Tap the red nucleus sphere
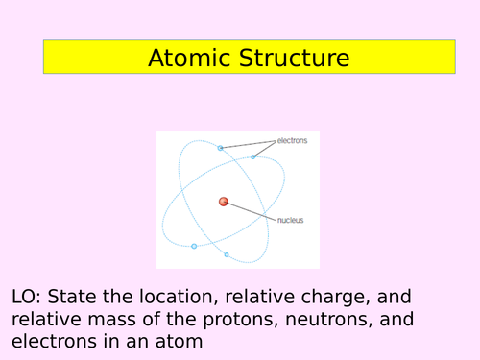tap(223, 202)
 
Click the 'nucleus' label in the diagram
tap(290, 220)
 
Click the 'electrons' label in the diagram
tap(292, 141)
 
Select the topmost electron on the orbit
tap(220, 148)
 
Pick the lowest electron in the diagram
tap(227, 254)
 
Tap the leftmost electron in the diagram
tap(194, 246)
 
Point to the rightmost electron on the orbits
tap(253, 156)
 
